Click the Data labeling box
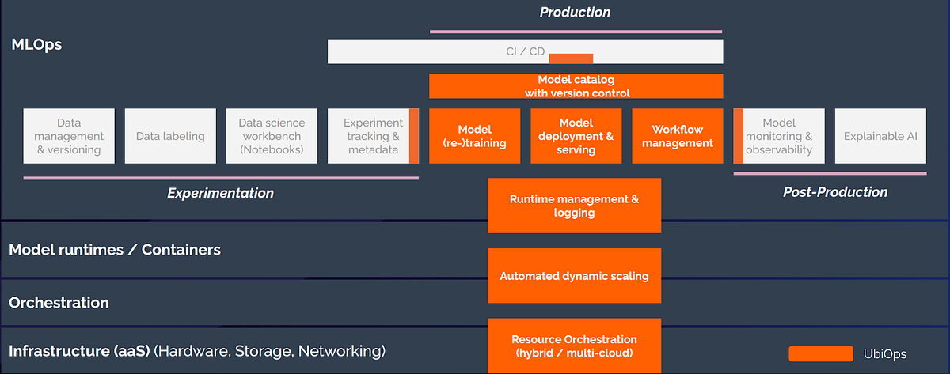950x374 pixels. [x=170, y=136]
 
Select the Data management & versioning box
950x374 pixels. [x=69, y=136]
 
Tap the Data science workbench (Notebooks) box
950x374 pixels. [x=272, y=136]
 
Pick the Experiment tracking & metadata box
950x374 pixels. [x=372, y=136]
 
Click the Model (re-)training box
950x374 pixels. [x=474, y=136]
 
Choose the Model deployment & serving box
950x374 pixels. [x=576, y=136]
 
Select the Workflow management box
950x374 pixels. [x=677, y=136]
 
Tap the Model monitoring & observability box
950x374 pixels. [x=779, y=136]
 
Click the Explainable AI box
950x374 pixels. [x=880, y=136]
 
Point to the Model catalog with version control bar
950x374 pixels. [x=576, y=86]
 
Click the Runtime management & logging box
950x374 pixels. [x=574, y=206]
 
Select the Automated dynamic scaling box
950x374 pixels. [x=574, y=276]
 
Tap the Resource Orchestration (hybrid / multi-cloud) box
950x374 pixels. [x=574, y=346]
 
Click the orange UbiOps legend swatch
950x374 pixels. [x=820, y=353]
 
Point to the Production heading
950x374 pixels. [x=576, y=12]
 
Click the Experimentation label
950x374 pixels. [x=221, y=193]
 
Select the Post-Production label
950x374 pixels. [x=835, y=192]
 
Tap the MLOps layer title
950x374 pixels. [x=36, y=44]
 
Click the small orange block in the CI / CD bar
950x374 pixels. [x=571, y=58]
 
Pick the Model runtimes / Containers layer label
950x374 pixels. [x=115, y=250]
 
